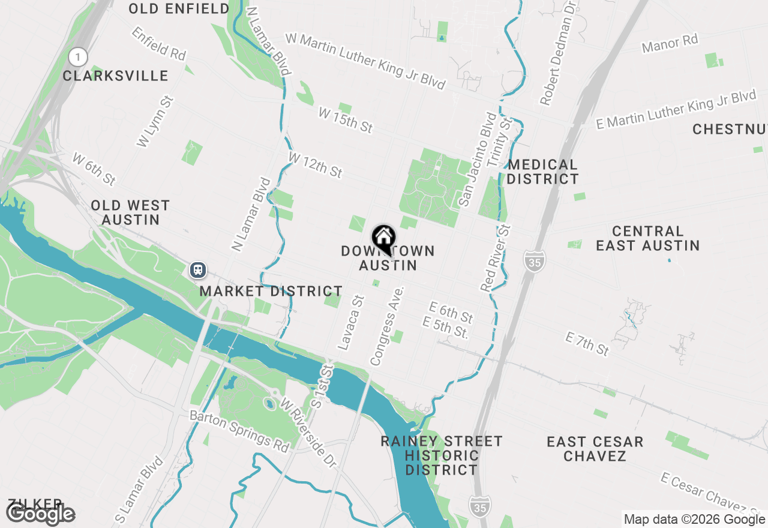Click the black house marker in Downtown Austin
383,238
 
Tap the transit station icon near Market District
198,270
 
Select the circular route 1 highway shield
77,57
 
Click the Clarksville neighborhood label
116,76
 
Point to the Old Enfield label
179,8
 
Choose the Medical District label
543,172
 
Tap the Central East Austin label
647,238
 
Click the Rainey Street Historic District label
442,455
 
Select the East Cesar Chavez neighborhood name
595,449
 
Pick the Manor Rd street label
670,43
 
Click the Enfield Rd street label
159,43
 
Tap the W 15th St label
346,120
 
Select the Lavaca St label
351,323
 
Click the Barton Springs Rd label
239,431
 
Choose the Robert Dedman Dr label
557,53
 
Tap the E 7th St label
587,344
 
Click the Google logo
41,514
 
